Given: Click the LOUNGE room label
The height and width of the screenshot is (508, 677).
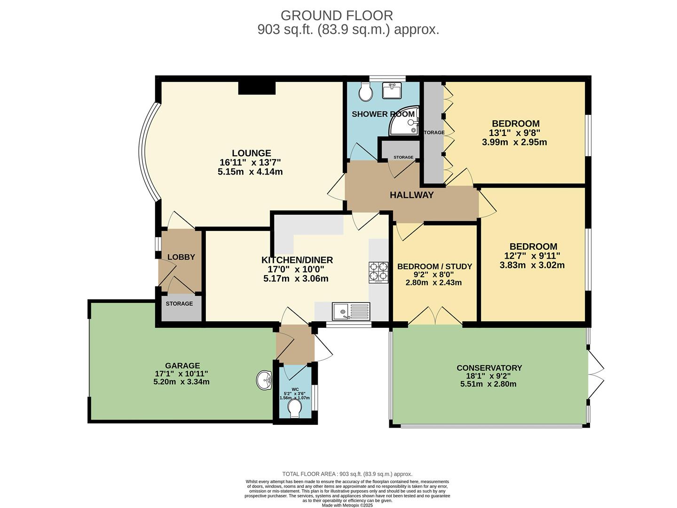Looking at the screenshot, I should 251,153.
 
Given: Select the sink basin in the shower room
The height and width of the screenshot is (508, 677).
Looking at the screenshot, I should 391,90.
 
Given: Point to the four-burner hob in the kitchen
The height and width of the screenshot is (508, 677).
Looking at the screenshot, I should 378,272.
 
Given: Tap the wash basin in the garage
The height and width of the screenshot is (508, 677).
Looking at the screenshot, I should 265,380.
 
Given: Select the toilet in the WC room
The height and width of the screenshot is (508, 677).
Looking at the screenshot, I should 295,408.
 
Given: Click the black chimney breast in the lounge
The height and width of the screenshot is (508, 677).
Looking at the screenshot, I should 256,88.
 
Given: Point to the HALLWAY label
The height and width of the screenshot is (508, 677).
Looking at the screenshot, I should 411,195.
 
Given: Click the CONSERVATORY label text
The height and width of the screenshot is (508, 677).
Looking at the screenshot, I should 489,368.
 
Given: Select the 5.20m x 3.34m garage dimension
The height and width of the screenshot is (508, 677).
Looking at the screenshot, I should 181,381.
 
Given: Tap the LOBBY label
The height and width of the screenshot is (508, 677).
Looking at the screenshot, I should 181,257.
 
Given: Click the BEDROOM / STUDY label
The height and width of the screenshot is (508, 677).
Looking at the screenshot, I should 434,267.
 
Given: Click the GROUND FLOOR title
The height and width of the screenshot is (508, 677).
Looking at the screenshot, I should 337,16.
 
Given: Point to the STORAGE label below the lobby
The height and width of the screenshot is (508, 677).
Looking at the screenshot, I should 179,303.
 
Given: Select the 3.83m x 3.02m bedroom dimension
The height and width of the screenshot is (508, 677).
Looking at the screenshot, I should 533,265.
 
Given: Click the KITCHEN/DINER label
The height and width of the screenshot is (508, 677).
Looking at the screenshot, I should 297,260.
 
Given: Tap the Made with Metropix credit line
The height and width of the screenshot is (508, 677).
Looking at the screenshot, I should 347,505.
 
